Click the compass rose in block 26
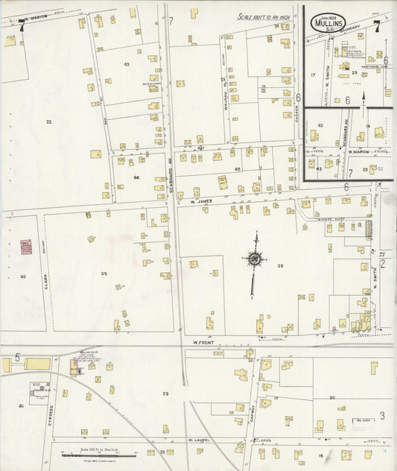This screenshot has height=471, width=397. click(255, 259)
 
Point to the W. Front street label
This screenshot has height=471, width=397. click(204, 343)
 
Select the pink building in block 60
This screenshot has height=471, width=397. click(26, 247)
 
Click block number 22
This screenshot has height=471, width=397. click(49, 121)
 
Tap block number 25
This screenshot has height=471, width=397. click(104, 274)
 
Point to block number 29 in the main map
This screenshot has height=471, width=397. click(165, 393)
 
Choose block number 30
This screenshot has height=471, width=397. click(331, 399)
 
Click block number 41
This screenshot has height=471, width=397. click(22, 406)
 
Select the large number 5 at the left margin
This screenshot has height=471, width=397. click(16, 358)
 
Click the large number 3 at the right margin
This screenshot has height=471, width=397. click(382, 415)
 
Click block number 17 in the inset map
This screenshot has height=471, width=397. click(314, 75)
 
